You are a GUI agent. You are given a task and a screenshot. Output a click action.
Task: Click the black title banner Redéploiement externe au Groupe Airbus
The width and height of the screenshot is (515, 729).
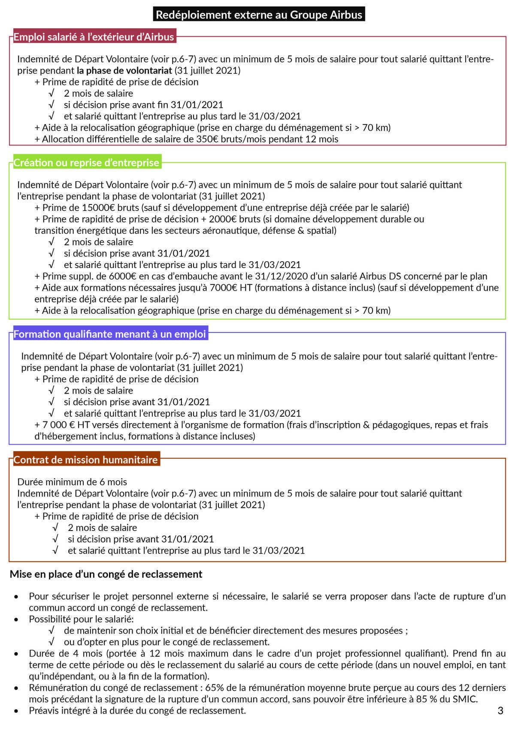pyautogui.click(x=259, y=15)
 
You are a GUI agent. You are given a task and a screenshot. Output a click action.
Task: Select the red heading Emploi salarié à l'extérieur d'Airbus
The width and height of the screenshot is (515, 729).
pyautogui.click(x=94, y=37)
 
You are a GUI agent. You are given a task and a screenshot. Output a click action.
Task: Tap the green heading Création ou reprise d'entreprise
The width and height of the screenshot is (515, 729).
pyautogui.click(x=86, y=162)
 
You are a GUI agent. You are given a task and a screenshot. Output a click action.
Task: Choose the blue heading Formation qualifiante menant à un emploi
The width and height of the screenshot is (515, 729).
pyautogui.click(x=110, y=334)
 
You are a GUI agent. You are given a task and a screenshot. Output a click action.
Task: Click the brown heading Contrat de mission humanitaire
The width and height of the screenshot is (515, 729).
pyautogui.click(x=86, y=460)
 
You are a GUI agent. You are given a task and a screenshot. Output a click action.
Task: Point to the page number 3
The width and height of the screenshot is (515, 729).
pyautogui.click(x=500, y=711)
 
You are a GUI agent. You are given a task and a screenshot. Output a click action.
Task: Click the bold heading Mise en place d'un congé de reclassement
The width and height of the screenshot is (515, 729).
pyautogui.click(x=106, y=574)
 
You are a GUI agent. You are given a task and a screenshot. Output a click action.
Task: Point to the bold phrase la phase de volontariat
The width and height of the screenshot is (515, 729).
pyautogui.click(x=124, y=70)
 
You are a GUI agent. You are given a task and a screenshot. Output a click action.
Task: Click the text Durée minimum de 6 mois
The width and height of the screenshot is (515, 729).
pyautogui.click(x=72, y=482)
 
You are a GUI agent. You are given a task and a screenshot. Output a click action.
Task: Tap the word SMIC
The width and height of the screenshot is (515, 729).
pyautogui.click(x=464, y=699)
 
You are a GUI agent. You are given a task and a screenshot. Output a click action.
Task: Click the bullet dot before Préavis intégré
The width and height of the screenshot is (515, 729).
pyautogui.click(x=16, y=711)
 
